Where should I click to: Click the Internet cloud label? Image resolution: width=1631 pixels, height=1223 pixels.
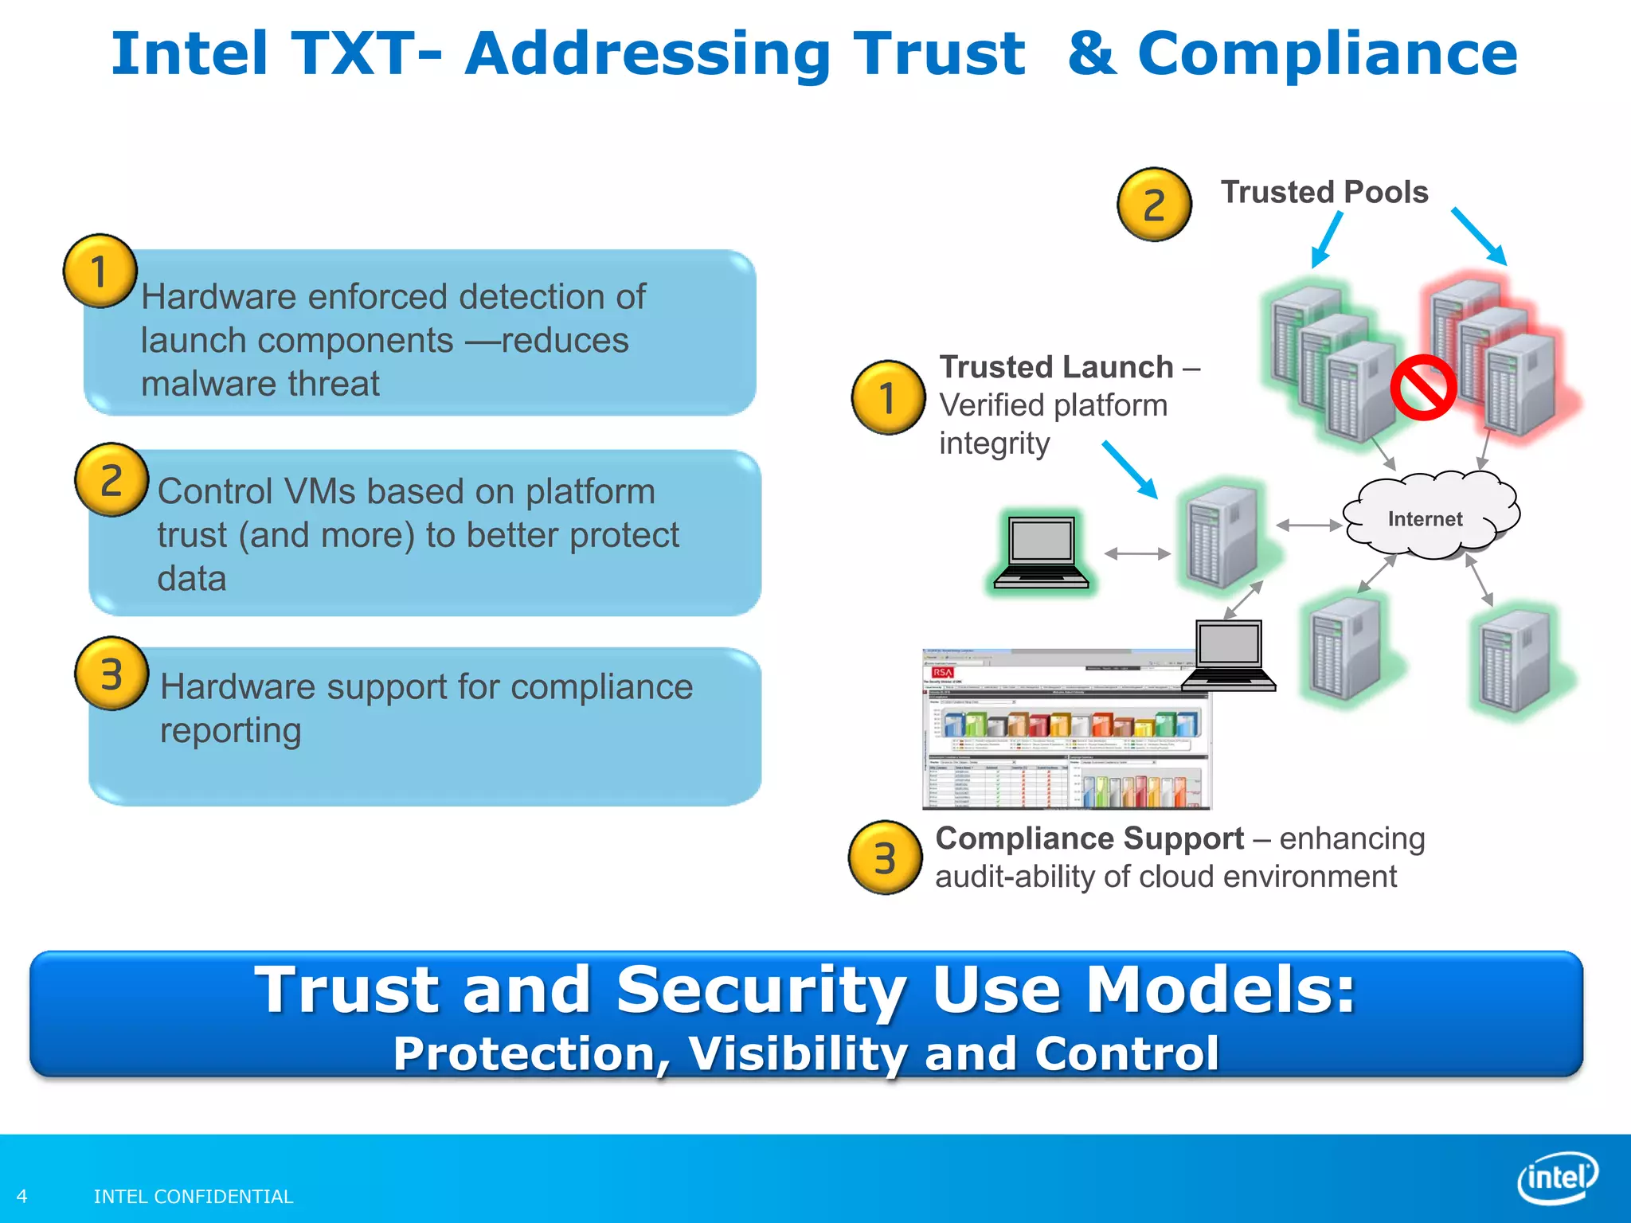[1425, 519]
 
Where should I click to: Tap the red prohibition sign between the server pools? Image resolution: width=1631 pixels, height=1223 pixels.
[1423, 388]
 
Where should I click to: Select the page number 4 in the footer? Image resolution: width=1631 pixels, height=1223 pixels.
[22, 1196]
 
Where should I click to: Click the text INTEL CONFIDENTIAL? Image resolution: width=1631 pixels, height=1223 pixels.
[194, 1196]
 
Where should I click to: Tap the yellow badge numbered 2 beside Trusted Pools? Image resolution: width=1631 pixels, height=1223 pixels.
[1154, 205]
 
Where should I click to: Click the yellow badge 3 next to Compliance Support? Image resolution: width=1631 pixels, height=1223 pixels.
[885, 858]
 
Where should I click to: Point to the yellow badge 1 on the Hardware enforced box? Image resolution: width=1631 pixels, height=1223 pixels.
[100, 272]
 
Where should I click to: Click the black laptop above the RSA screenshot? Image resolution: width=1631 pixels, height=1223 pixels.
[1229, 655]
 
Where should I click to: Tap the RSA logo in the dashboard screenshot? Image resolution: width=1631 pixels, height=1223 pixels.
[942, 673]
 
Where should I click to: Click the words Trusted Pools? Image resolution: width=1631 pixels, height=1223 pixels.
[1324, 192]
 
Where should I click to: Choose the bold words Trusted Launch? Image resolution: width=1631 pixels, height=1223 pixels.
[1056, 367]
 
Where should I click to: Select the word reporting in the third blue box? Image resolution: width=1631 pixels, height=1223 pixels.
[230, 730]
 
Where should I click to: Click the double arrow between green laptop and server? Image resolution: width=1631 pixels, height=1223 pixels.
[1137, 553]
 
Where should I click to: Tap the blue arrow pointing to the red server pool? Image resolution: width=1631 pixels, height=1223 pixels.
[1479, 236]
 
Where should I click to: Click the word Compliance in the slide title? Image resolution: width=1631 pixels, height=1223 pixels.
[1327, 54]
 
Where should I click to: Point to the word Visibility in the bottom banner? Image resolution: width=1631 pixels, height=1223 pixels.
[797, 1053]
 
